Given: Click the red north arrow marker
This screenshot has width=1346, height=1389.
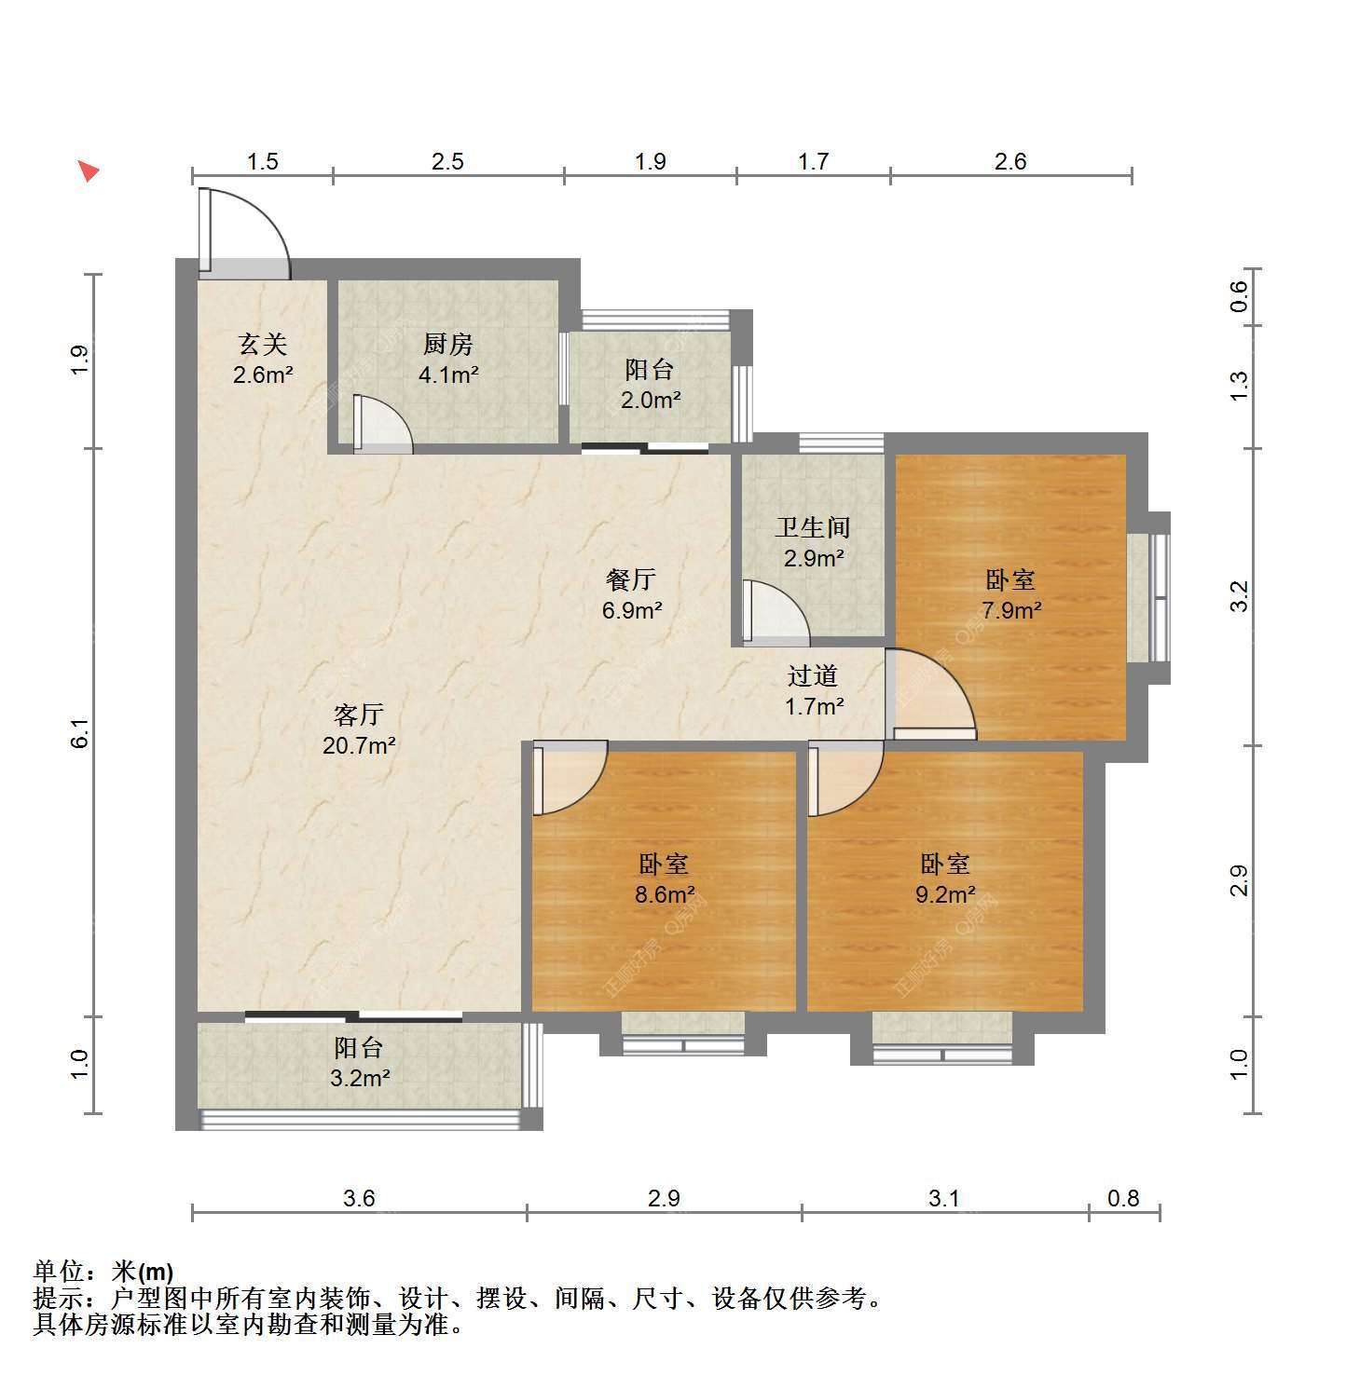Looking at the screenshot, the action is coord(88,170).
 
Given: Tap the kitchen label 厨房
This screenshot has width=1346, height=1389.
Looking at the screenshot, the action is coord(448,344).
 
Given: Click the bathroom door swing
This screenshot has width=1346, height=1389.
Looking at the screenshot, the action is coord(776,613).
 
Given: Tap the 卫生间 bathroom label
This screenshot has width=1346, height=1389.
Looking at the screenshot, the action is coord(813,527).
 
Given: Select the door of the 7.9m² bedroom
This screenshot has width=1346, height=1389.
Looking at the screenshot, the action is coord(930,694).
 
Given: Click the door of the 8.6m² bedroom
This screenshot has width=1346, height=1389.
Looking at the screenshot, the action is coord(570,779).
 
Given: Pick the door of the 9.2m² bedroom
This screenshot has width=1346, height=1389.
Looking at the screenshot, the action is coord(845,779).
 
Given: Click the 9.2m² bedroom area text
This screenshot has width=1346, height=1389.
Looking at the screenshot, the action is coord(945,895).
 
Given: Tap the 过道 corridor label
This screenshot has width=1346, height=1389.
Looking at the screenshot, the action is coord(813,675).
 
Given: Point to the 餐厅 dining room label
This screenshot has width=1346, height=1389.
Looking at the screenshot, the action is coord(631,579).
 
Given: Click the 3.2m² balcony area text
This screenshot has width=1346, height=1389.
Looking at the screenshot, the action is coord(359,1079).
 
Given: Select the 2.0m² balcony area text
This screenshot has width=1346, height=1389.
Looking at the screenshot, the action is coord(650,401).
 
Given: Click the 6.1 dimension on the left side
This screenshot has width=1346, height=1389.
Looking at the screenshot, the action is coord(79,733).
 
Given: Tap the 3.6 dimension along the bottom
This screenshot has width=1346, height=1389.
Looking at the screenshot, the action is coord(359,1197).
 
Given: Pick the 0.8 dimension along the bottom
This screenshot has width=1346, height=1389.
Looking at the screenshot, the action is coord(1123,1197).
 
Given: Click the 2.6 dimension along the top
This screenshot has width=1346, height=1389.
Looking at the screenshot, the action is coord(1010,161).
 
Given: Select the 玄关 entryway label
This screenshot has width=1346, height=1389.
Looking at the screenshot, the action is coord(263,344).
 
